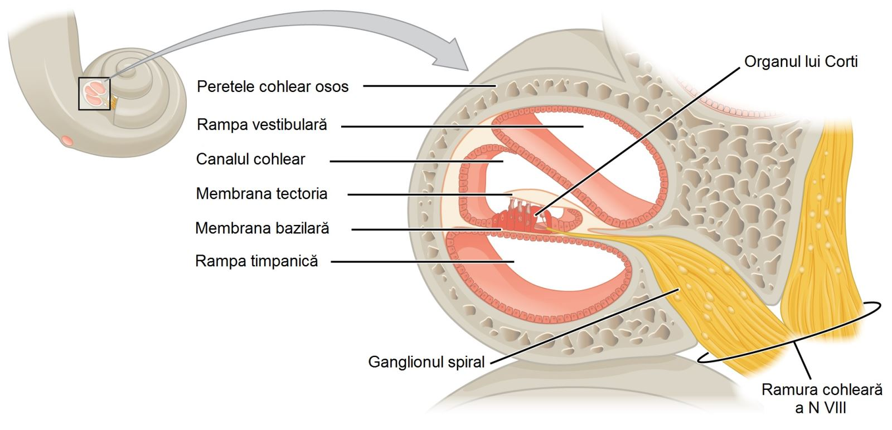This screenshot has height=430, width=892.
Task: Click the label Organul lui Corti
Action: pyautogui.click(x=801, y=62)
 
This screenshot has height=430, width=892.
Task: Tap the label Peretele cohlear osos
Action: pyautogui.click(x=273, y=86)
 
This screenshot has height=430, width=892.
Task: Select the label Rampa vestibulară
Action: pyautogui.click(x=261, y=125)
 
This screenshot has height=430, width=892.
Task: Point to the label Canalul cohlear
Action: pyautogui.click(x=250, y=159)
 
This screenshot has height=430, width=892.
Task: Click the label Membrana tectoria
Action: pyautogui.click(x=261, y=194)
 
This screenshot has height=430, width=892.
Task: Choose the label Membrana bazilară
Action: pyautogui.click(x=262, y=228)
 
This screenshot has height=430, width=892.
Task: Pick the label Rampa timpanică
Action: pyautogui.click(x=256, y=261)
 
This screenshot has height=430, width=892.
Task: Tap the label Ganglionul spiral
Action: pyautogui.click(x=426, y=362)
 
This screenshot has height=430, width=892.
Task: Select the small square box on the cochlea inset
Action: pyautogui.click(x=94, y=94)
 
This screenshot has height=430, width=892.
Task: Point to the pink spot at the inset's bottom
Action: pyautogui.click(x=67, y=140)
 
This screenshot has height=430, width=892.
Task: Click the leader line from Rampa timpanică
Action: pyautogui.click(x=422, y=262)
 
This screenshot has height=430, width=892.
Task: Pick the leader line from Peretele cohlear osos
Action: pyautogui.click(x=430, y=86)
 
